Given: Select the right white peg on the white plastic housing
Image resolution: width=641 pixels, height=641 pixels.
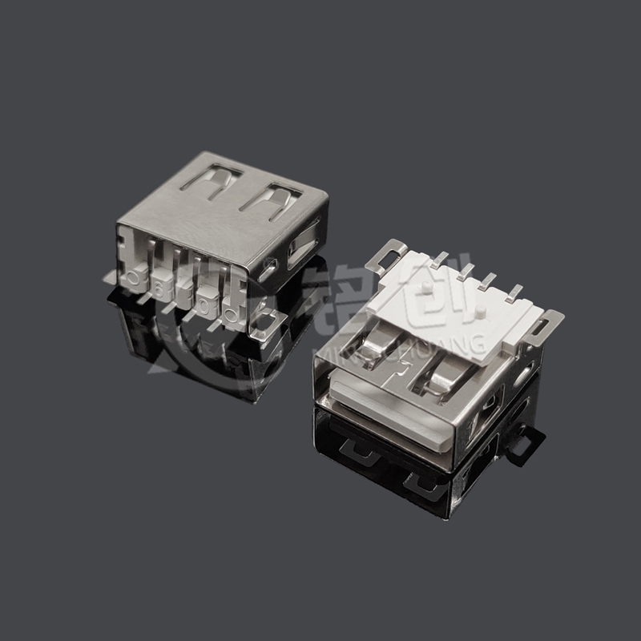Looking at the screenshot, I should tap(479, 310).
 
